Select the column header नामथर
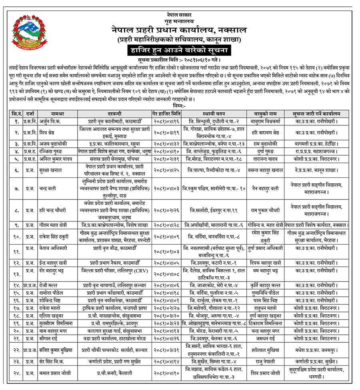point(58,113)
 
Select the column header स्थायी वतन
point(212,113)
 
